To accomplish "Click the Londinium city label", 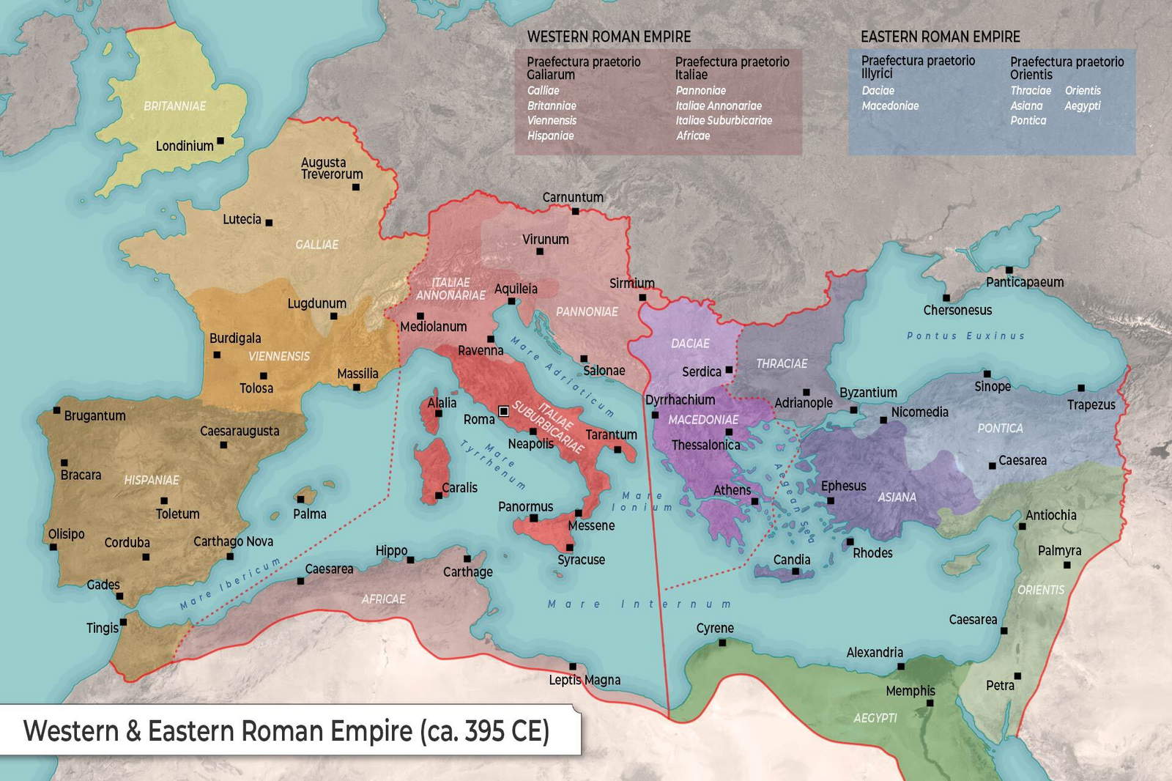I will coord(185,146).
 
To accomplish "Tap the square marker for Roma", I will coord(503,411).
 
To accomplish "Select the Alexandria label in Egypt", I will coord(875,652).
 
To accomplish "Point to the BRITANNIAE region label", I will coord(174,106).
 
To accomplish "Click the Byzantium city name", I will coord(868,393).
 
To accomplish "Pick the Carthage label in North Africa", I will coord(467,571).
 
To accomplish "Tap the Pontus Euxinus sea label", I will coord(965,336).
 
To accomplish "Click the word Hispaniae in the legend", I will coord(550,136).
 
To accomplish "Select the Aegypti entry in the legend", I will coord(1082,106).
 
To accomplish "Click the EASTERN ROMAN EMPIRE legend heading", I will coord(940,37).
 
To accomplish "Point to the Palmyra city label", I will coord(1059,550).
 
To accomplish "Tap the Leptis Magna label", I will coord(585,680).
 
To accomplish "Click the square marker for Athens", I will coord(754,501).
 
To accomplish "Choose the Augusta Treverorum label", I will coord(332,169).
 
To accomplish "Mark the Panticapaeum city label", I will coord(1024,282).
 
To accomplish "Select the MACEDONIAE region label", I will coord(703,420).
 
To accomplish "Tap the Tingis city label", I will coord(102,628).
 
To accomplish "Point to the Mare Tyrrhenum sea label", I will coord(493,464).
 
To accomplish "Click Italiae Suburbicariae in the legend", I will coord(723,120).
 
